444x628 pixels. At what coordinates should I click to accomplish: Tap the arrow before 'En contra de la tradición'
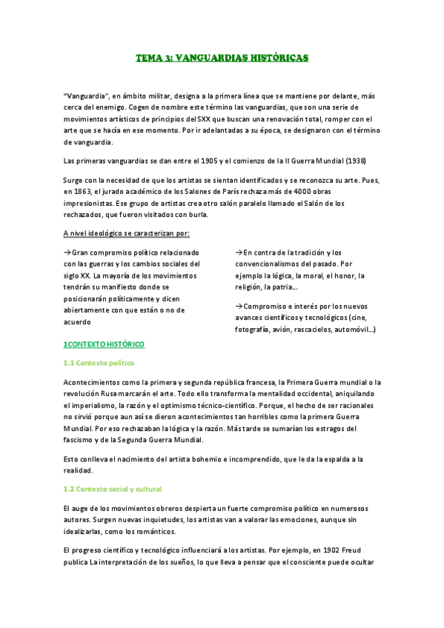point(239,253)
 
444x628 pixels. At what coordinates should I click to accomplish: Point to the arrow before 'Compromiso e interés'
point(239,306)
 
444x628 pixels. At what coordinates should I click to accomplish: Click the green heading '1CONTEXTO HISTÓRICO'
point(104,344)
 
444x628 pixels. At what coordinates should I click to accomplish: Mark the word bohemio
point(243,460)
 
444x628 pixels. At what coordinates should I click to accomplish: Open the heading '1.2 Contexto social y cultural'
point(113,490)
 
